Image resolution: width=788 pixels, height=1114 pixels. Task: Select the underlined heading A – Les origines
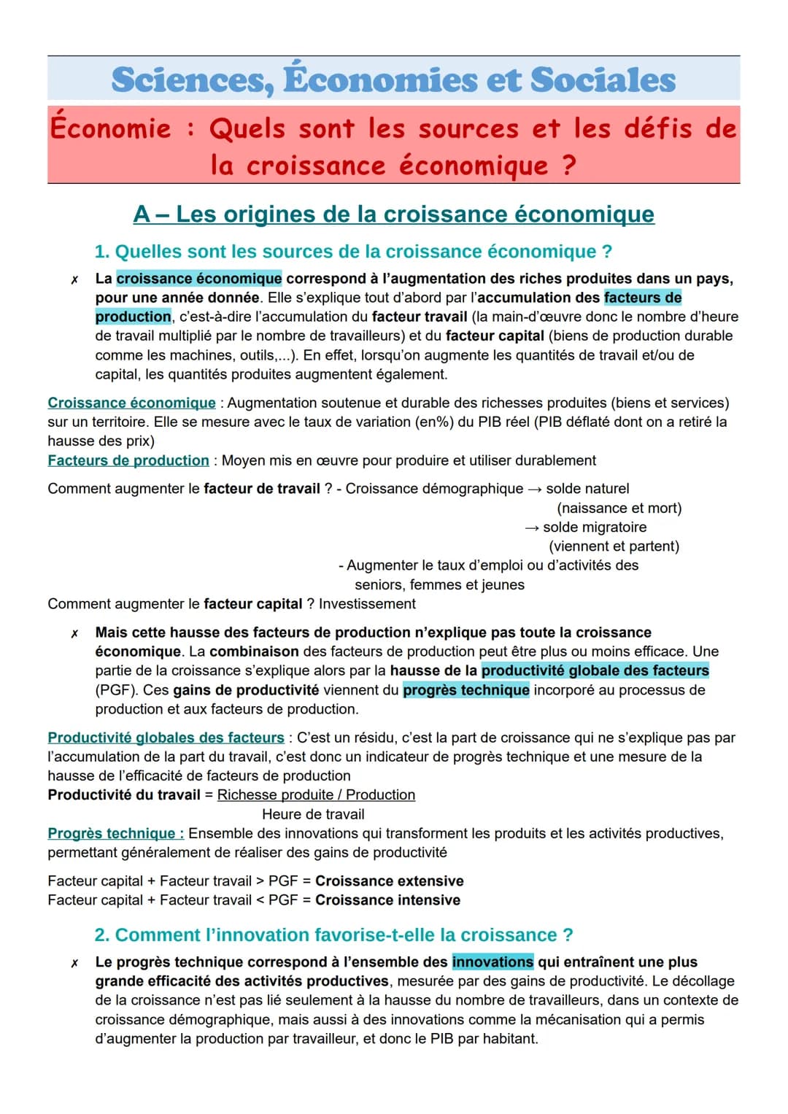click(393, 214)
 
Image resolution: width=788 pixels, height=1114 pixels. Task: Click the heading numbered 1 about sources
click(353, 252)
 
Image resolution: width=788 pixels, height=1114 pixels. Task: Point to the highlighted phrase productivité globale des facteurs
click(595, 670)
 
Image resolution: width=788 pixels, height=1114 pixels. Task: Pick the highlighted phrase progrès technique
click(466, 690)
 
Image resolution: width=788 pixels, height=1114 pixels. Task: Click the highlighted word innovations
click(492, 962)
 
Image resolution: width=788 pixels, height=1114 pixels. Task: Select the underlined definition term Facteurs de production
click(128, 460)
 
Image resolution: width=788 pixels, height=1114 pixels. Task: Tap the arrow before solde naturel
click(534, 489)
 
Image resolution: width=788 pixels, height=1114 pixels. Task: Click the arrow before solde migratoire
click(532, 527)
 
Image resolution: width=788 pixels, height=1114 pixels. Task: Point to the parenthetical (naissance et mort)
click(619, 508)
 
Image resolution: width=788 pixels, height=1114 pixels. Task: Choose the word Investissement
click(367, 604)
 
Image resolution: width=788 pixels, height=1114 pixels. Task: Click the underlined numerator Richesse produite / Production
click(316, 795)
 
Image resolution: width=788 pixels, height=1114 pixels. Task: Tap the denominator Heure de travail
click(313, 814)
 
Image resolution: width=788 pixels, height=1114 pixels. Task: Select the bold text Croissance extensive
click(389, 881)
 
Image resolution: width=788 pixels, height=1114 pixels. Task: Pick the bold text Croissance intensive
click(387, 900)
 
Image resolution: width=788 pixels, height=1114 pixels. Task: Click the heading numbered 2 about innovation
click(333, 935)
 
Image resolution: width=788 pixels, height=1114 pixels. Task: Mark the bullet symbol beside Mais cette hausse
click(74, 633)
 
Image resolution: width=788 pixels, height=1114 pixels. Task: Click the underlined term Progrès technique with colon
click(115, 834)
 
